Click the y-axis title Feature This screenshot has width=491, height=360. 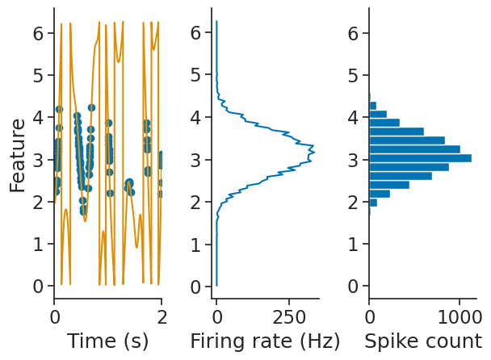(x=18, y=154)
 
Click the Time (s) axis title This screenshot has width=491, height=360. (x=107, y=341)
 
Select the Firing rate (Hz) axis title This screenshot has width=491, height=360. (x=265, y=341)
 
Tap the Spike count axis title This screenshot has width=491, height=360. (x=422, y=341)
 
